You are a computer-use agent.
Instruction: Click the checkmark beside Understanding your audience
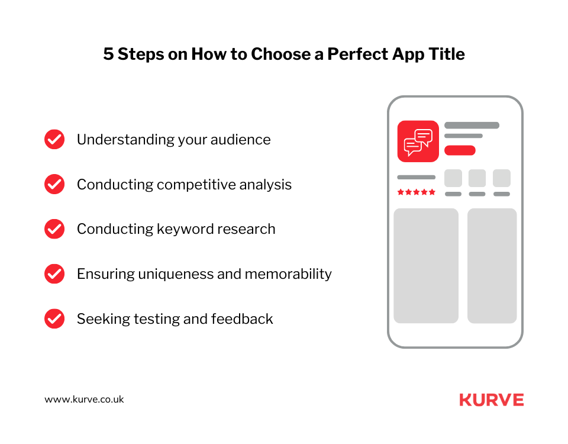click(54, 139)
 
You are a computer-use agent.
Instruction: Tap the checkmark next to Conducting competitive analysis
click(54, 184)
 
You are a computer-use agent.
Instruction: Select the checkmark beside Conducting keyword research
click(54, 229)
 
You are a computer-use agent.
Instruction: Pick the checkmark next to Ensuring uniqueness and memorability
click(54, 274)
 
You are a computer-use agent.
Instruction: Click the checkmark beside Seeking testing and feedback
click(54, 318)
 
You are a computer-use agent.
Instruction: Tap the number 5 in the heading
click(108, 54)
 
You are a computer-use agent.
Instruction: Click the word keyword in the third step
click(182, 229)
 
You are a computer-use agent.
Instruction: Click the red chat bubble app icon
click(418, 141)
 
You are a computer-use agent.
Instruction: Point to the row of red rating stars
click(416, 192)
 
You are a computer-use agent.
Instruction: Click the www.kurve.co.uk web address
click(84, 399)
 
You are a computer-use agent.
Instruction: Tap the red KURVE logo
click(491, 400)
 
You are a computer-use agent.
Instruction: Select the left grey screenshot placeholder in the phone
click(426, 265)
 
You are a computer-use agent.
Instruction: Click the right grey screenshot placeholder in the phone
click(492, 265)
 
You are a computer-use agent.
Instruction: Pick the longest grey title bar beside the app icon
click(472, 126)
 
